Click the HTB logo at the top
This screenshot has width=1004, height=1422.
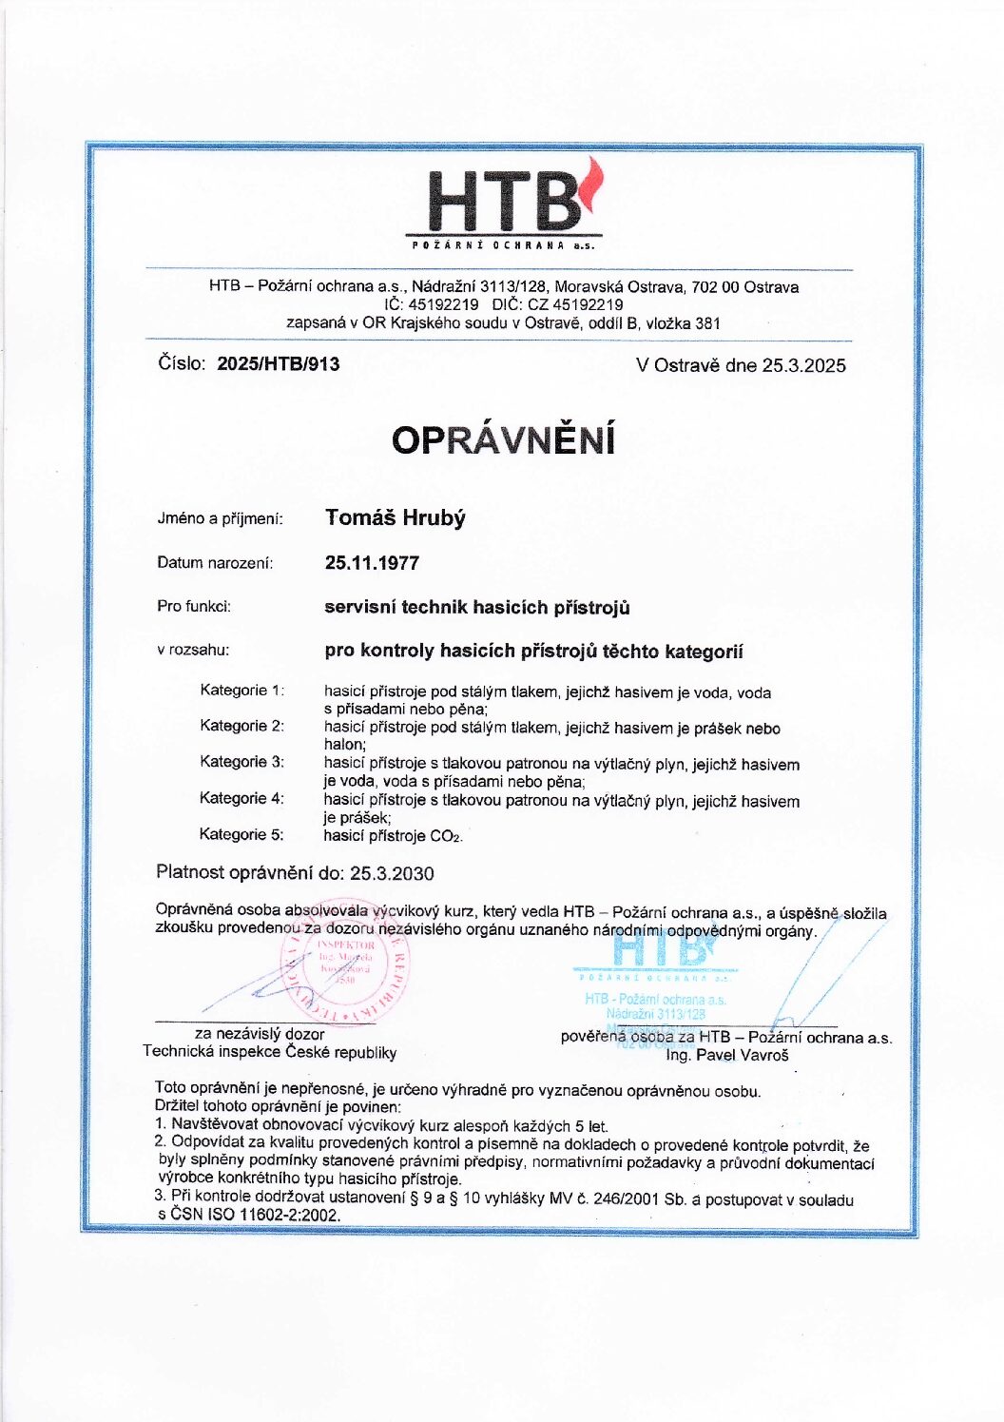(x=505, y=205)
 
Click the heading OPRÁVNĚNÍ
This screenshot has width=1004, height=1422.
(x=503, y=440)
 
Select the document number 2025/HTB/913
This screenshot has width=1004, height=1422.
(x=279, y=363)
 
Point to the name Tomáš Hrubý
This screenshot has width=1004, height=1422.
(x=396, y=517)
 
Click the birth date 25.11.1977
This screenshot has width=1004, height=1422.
(x=372, y=563)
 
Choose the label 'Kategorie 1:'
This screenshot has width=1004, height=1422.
(x=241, y=691)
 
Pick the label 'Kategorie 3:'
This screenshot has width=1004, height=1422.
(x=241, y=762)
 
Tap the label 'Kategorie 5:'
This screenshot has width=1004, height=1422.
(x=241, y=834)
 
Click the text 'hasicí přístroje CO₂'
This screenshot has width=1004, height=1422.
(x=393, y=836)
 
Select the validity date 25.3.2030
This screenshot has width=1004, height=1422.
(x=392, y=873)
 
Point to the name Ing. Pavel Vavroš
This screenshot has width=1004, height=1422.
(x=727, y=1055)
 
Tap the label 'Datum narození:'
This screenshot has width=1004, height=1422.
(x=215, y=563)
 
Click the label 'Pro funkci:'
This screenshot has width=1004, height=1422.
(x=194, y=606)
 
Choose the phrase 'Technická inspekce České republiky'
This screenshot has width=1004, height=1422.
(x=269, y=1052)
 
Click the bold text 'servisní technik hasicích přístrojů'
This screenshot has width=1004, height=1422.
(x=477, y=607)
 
